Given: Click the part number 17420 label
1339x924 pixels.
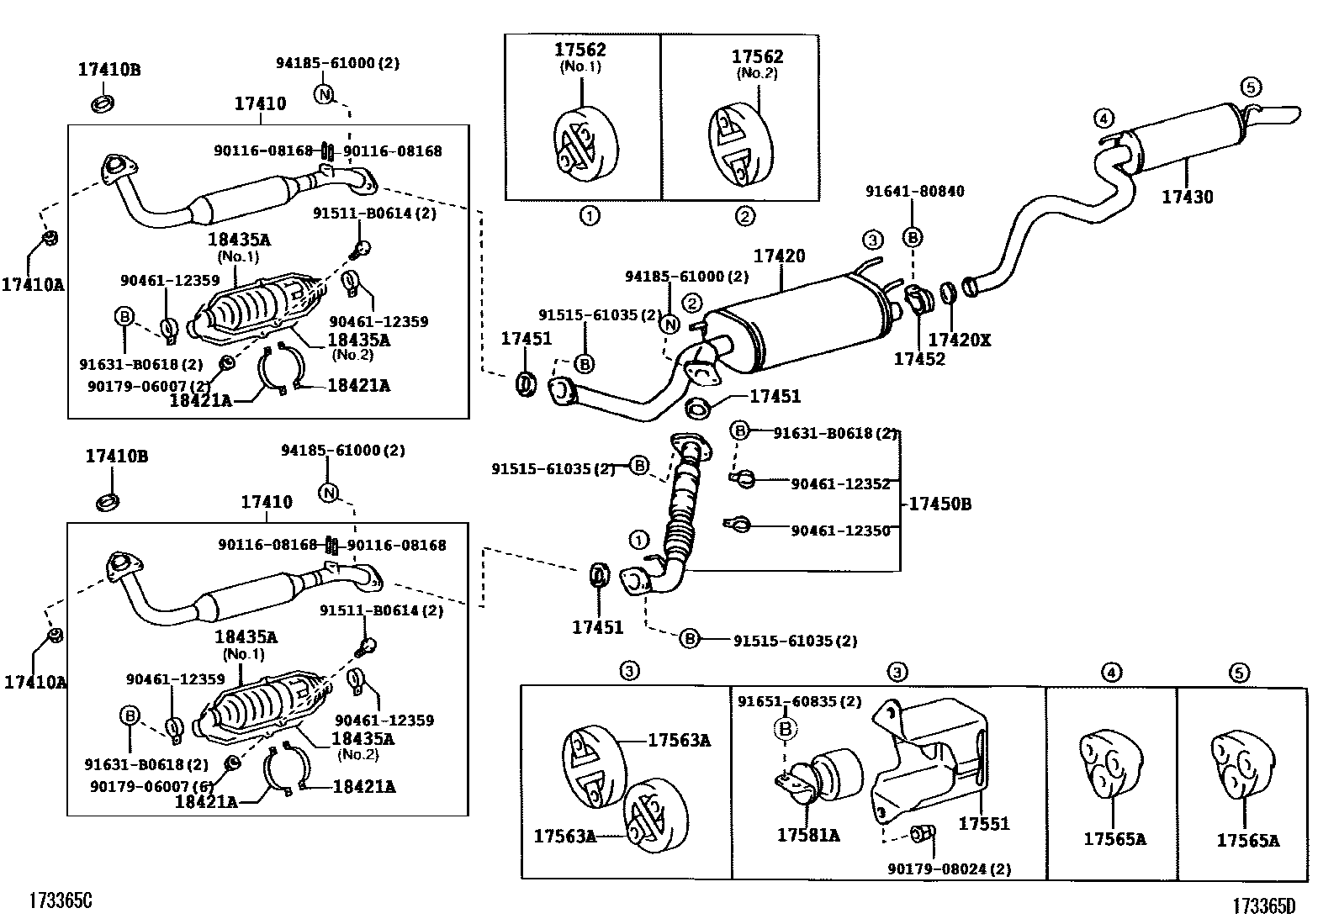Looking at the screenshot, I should click(779, 256).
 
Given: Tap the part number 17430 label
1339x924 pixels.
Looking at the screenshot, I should click(1187, 198).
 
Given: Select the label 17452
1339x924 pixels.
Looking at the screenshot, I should click(918, 359).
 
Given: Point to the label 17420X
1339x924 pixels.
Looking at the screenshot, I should click(959, 340).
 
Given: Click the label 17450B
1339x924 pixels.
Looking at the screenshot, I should click(939, 504).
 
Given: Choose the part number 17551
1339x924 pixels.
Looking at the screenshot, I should click(983, 825).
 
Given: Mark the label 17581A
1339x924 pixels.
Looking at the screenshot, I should click(807, 835).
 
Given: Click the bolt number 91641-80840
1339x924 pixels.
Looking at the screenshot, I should click(914, 192).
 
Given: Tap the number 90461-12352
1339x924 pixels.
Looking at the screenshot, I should click(840, 483).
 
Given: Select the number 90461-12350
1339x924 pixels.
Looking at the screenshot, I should click(840, 531).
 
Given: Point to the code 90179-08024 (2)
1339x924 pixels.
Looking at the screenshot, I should click(949, 869).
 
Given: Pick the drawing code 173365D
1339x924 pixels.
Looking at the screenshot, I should click(1264, 906).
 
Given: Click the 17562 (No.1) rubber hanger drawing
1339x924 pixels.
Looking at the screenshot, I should click(586, 144).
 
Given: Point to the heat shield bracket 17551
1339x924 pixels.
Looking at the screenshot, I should click(929, 761).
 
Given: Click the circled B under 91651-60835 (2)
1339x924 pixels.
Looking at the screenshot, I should click(785, 729).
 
